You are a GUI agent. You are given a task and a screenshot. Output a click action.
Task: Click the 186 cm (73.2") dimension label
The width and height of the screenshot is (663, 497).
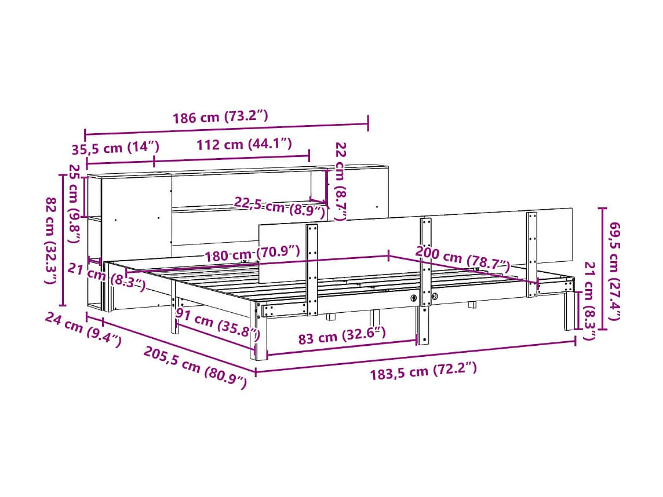[x=220, y=117]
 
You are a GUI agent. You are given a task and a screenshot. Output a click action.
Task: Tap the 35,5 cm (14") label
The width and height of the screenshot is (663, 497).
[x=115, y=148]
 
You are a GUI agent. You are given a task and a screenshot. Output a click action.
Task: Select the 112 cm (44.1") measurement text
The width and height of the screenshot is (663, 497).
[x=243, y=144]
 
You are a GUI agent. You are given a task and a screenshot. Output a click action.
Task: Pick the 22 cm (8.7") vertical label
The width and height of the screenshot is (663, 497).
[x=341, y=181]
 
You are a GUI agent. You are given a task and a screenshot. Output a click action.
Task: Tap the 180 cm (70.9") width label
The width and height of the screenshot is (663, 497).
[x=252, y=253]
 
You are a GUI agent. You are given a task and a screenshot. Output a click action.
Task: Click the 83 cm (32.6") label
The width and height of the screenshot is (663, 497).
[x=341, y=336]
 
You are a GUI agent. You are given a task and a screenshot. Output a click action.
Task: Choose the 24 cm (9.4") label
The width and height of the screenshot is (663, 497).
[x=82, y=330]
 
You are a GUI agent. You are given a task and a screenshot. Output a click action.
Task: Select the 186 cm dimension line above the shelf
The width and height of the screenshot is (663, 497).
[x=226, y=129]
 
